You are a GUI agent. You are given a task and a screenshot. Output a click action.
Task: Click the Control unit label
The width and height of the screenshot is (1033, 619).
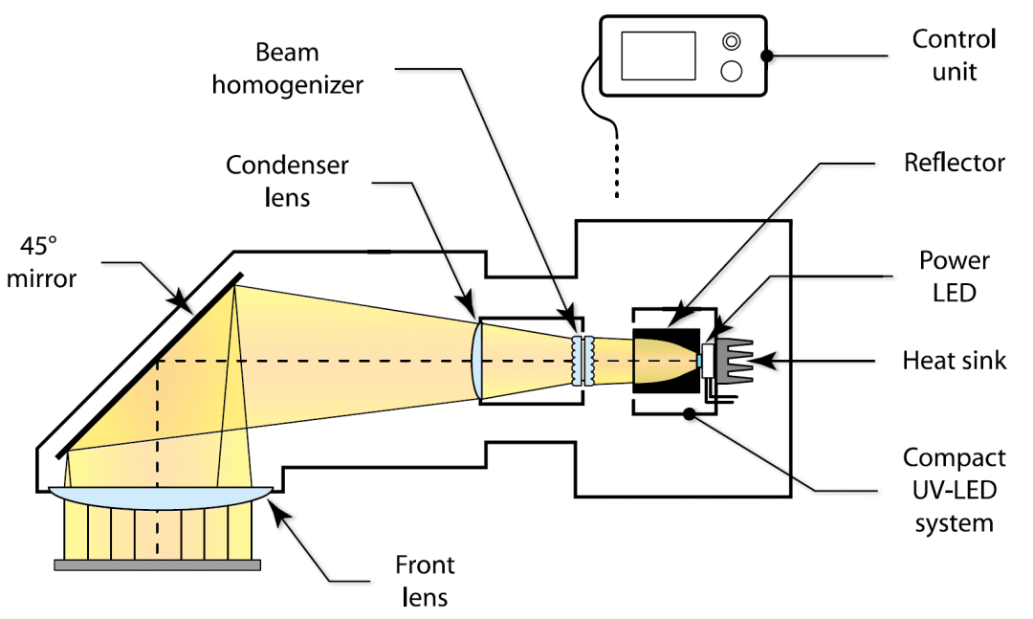click(x=954, y=55)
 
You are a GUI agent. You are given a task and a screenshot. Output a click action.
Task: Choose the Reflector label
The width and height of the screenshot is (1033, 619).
click(x=955, y=163)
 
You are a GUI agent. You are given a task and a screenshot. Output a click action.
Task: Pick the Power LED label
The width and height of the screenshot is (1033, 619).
click(x=954, y=276)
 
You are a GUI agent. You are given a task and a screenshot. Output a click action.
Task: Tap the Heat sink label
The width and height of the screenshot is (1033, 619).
click(x=955, y=361)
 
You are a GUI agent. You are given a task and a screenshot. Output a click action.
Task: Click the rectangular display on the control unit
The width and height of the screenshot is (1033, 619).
click(x=658, y=55)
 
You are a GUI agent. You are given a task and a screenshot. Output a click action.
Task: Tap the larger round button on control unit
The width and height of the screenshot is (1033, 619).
click(x=732, y=71)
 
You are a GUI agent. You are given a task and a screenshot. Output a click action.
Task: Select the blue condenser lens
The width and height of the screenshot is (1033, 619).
click(x=479, y=360)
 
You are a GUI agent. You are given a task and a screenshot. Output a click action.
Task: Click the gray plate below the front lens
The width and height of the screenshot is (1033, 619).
click(x=157, y=564)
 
